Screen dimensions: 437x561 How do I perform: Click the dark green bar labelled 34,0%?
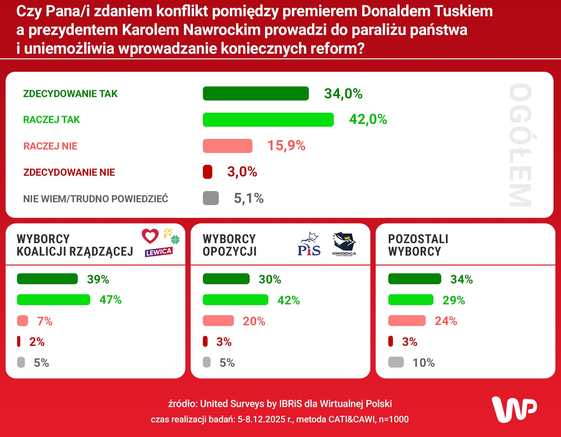tap(256, 93)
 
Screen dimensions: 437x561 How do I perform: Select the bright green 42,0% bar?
tap(268, 120)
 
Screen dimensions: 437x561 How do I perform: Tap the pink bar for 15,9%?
tap(228, 146)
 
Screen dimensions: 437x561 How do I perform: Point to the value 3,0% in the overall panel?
tap(242, 172)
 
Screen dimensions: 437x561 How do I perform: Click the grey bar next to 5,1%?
tap(211, 198)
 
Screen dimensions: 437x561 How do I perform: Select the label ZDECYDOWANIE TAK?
tap(70, 94)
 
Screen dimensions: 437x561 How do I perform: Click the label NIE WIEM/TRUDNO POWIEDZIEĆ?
tap(96, 199)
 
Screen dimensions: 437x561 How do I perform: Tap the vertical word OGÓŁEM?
tap(520, 145)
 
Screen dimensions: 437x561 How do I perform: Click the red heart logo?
tap(150, 236)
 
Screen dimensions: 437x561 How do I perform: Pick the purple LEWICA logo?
tap(159, 252)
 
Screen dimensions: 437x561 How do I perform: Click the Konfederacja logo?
tap(344, 244)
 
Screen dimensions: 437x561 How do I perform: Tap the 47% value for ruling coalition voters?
tap(110, 300)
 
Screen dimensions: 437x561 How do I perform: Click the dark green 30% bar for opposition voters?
tap(226, 279)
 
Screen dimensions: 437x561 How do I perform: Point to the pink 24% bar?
tap(407, 321)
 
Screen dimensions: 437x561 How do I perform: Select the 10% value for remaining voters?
tap(424, 363)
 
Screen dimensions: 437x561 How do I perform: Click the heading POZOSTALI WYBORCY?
tap(418, 245)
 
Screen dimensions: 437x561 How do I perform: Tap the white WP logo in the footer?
tap(515, 409)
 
